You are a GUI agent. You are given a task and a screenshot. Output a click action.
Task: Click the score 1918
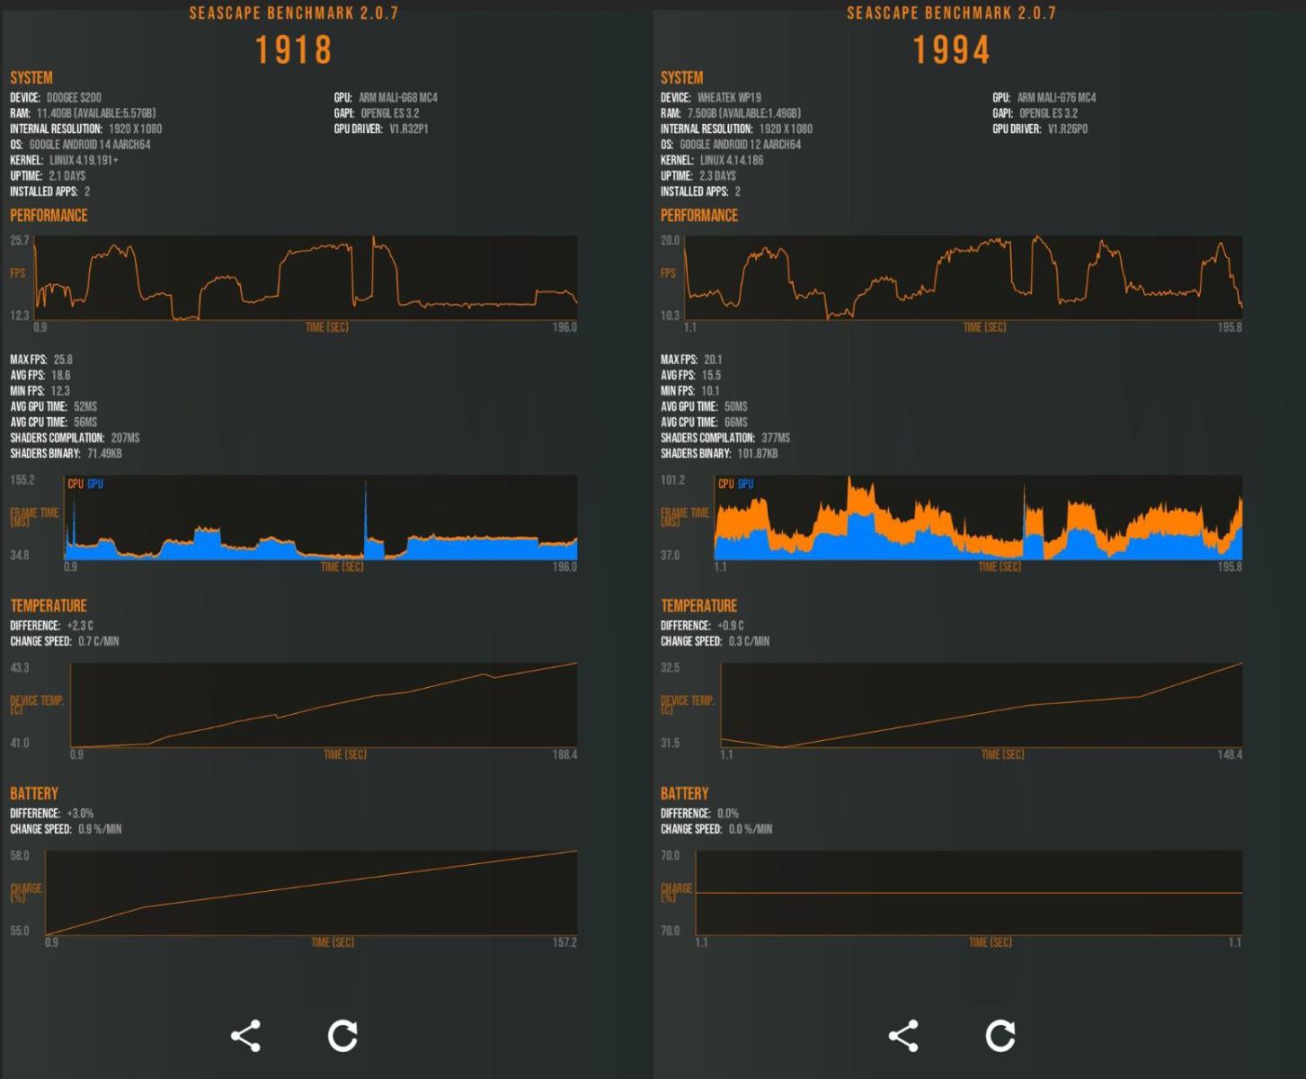point(294,50)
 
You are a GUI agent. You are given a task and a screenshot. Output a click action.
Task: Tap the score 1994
point(952,50)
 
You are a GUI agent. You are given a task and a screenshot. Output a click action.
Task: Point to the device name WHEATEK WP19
point(729,97)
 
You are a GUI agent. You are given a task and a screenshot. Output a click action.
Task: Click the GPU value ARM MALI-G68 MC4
point(397,97)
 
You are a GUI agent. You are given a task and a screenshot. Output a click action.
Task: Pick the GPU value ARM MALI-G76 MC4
point(1056,97)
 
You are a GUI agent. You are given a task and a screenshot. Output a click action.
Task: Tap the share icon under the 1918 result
point(245,1036)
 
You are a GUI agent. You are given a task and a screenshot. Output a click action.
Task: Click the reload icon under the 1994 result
point(1000,1036)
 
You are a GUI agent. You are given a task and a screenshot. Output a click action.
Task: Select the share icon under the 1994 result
point(903,1036)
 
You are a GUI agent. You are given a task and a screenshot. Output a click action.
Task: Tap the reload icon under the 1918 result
point(342,1036)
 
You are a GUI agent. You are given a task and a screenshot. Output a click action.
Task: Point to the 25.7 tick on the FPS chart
point(20,241)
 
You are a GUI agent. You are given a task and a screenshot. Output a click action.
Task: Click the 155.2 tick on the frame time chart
point(22,480)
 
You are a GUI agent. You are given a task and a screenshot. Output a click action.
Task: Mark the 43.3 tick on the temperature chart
point(20,668)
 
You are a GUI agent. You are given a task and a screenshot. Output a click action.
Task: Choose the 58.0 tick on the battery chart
point(20,856)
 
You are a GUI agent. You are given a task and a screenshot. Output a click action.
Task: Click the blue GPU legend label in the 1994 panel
point(745,484)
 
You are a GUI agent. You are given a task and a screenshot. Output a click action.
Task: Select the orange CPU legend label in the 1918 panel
point(76,484)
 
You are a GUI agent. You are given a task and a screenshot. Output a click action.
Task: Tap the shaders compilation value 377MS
point(775,438)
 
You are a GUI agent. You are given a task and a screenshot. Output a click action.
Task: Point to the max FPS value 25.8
point(63,360)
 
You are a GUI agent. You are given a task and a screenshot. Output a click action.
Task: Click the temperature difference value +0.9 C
point(730,626)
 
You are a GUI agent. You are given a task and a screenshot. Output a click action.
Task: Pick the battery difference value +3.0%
point(80,814)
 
